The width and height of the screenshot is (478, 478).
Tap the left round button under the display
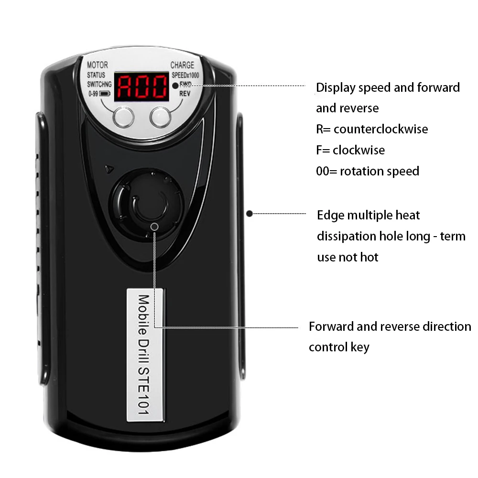(x=123, y=117)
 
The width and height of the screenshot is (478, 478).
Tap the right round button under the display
(x=160, y=117)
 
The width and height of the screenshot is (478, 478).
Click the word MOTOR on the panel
(x=98, y=65)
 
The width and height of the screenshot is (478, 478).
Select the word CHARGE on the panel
(x=183, y=65)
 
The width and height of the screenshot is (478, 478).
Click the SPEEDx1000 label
(x=185, y=75)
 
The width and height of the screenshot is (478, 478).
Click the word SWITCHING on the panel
(x=99, y=84)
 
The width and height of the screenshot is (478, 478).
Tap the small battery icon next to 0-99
(x=105, y=94)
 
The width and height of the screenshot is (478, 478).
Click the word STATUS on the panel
(x=97, y=75)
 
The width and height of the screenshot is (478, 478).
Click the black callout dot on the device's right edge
(x=250, y=213)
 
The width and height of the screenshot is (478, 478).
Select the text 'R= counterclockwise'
(x=372, y=129)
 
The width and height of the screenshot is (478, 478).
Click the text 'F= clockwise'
(x=350, y=150)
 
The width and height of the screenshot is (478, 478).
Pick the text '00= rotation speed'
(x=368, y=171)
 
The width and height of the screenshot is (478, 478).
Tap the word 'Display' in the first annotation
(x=336, y=87)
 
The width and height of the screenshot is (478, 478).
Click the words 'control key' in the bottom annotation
(x=339, y=347)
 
